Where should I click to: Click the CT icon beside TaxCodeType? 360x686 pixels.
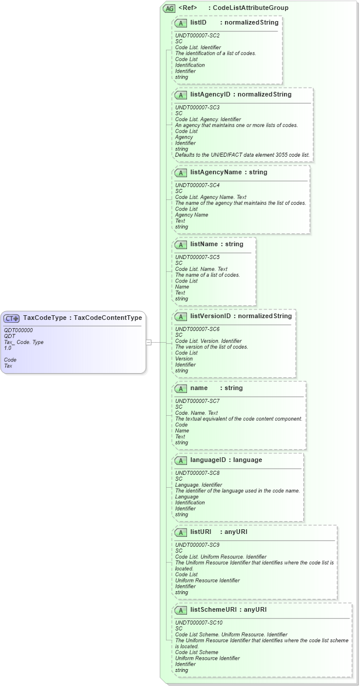tap(12, 318)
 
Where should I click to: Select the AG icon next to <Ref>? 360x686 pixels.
tap(169, 8)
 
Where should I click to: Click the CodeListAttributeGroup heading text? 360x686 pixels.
tap(250, 8)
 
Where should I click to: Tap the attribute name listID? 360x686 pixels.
tap(198, 22)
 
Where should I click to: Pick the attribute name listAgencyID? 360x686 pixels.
tap(210, 94)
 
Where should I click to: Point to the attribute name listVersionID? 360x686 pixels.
tap(210, 316)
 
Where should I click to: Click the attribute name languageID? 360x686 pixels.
tap(209, 460)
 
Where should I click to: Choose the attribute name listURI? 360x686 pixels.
tap(200, 532)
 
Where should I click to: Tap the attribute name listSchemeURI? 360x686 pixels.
tap(215, 609)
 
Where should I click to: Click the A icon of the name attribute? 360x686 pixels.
tap(181, 388)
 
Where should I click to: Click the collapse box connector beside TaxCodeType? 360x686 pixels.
tap(149, 342)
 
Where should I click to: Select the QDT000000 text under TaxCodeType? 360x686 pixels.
tap(18, 330)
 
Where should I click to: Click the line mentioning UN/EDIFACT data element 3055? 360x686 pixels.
tap(242, 155)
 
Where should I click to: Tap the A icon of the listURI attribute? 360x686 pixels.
tap(181, 532)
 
